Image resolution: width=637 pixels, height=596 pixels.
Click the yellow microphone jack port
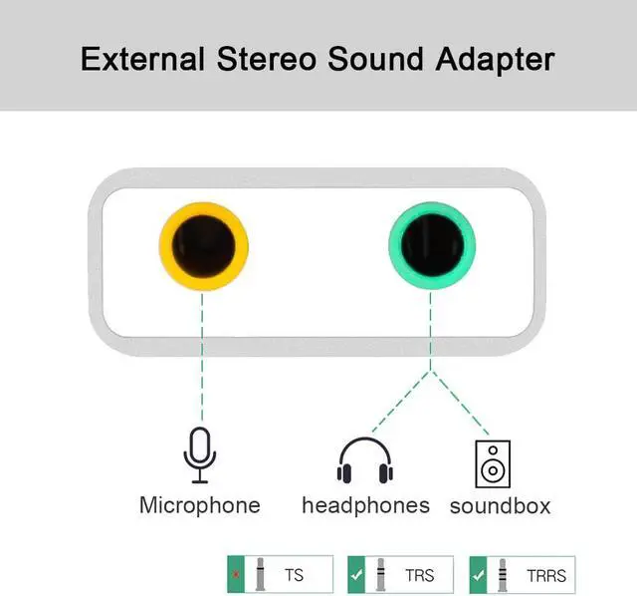(203, 245)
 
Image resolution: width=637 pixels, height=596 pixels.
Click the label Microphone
(199, 505)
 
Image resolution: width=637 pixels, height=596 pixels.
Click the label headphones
(365, 505)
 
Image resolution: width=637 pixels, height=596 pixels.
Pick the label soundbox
(500, 506)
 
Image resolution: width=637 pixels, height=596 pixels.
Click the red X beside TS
(237, 575)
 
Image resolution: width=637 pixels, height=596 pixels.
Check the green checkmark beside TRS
(356, 575)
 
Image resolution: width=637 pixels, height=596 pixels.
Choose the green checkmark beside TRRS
(478, 575)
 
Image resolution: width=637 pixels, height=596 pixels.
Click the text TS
(295, 575)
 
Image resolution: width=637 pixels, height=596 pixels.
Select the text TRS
(419, 575)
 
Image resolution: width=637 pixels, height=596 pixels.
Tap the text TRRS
(546, 575)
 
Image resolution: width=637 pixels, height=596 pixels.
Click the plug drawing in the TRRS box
(504, 574)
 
